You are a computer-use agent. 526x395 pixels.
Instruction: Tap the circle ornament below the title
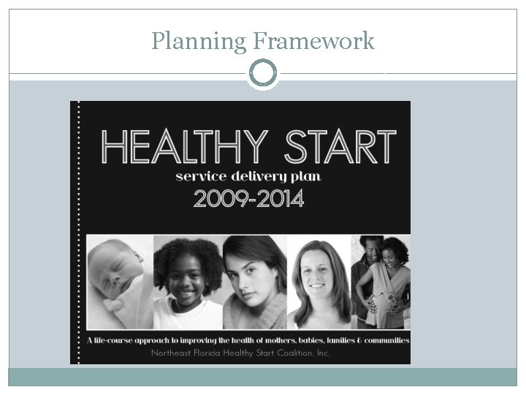point(263,73)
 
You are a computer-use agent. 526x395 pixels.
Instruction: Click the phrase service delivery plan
point(248,176)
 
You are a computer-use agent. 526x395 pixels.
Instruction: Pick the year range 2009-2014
point(248,198)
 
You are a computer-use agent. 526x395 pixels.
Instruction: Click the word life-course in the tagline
point(118,340)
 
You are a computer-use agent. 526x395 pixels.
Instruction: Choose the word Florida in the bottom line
point(209,353)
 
